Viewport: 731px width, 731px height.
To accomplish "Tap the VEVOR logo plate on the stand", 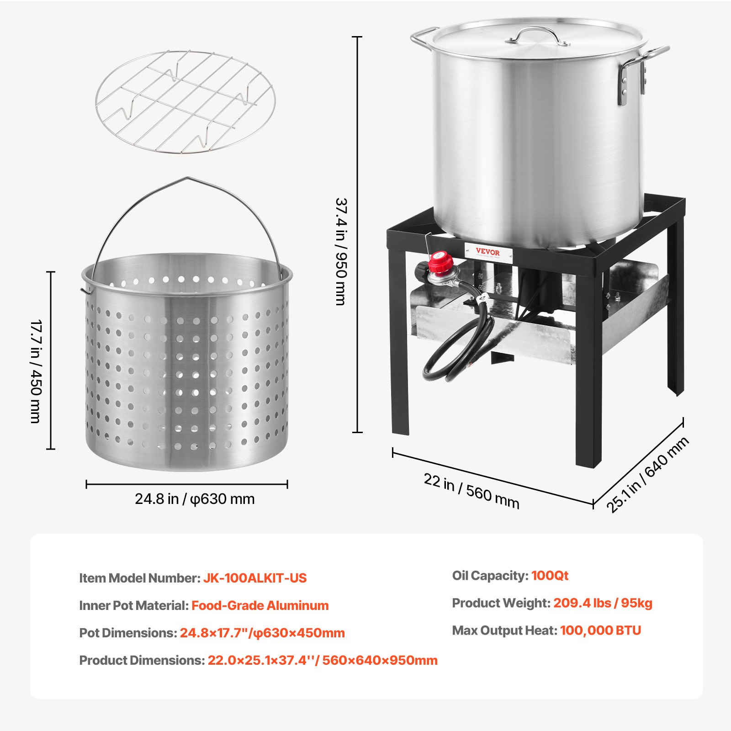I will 488,252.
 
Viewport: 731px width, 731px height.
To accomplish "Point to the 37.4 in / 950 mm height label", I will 341,251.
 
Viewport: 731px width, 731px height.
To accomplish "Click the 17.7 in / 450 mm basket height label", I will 37,371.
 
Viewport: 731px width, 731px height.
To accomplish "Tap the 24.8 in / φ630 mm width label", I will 195,499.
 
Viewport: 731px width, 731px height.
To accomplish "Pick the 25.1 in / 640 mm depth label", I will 647,475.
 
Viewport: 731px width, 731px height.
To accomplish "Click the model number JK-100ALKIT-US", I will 255,578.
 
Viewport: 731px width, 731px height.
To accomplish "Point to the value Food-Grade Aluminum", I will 260,605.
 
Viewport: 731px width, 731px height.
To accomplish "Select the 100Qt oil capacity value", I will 550,575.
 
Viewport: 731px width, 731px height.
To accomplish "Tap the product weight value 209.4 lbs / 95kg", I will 603,603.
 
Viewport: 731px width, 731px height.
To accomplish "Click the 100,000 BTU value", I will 600,630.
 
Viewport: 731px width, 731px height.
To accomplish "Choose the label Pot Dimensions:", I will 128,633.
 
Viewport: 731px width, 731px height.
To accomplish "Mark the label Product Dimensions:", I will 142,660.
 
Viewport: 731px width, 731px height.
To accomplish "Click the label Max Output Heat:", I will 504,630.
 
